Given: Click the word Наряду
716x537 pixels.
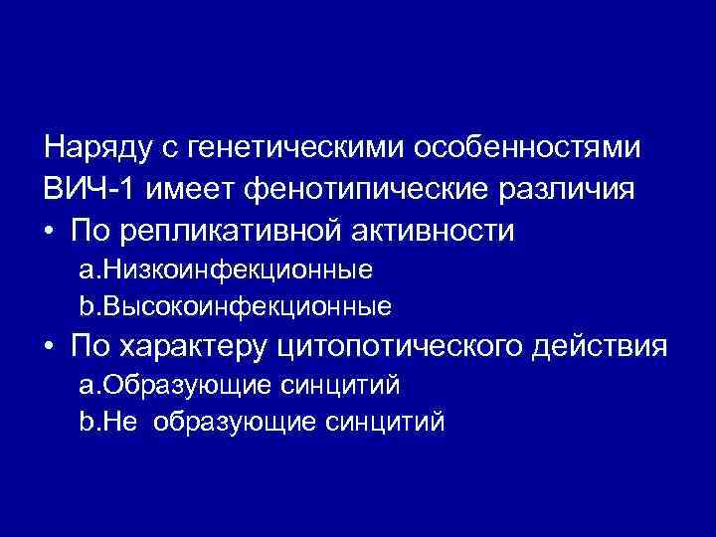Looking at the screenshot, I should pos(94,148).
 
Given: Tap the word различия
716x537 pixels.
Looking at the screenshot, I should pos(576,189).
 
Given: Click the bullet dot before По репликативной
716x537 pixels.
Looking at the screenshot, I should pos(50,231).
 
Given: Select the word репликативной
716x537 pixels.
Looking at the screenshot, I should pos(234,231).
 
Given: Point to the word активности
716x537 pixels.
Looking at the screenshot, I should pos(430,231).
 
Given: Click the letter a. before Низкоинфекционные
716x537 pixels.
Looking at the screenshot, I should pos(86,269).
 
